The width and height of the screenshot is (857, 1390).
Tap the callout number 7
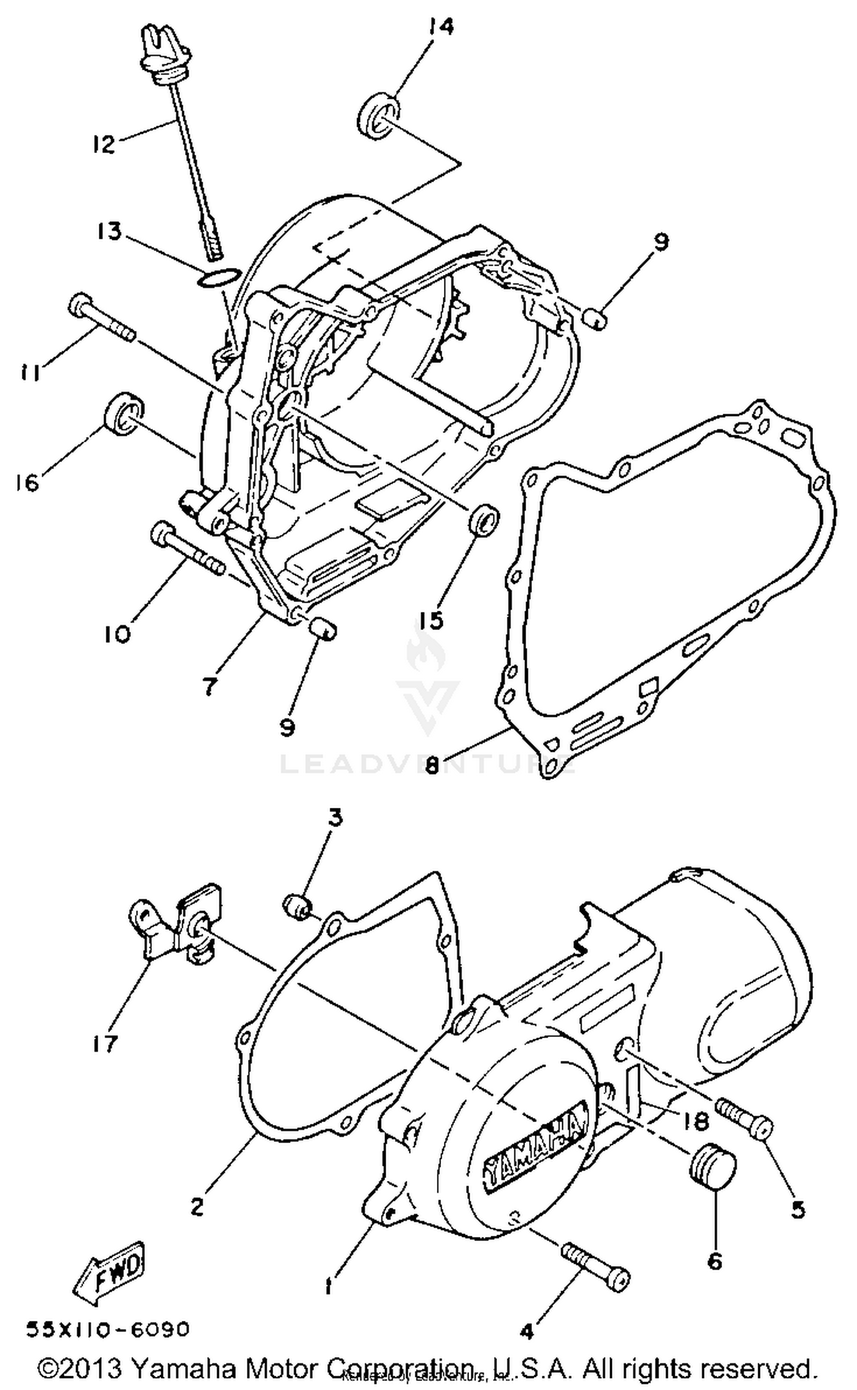[x=210, y=687]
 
